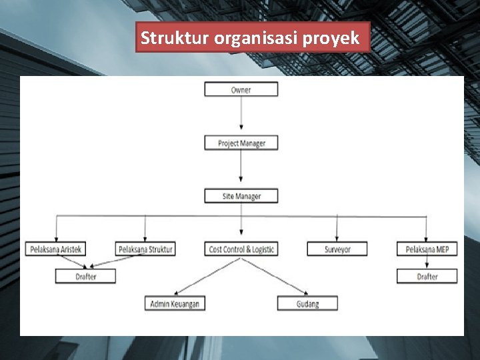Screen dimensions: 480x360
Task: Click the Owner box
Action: tap(241, 89)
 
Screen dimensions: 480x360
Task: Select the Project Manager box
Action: tap(241, 143)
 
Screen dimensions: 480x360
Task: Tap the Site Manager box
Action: tap(241, 196)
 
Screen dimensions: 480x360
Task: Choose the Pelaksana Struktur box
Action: tap(145, 249)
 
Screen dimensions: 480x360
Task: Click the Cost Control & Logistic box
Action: tap(241, 249)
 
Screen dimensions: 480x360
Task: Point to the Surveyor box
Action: tap(337, 249)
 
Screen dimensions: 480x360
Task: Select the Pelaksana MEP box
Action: tap(427, 249)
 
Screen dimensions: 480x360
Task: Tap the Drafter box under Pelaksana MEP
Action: tap(427, 276)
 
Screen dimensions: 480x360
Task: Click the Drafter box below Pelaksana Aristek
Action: tap(85, 276)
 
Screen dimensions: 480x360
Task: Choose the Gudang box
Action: tap(307, 303)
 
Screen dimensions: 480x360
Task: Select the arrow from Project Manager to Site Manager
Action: tap(241, 169)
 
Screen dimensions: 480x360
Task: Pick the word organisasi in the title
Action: tap(256, 38)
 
